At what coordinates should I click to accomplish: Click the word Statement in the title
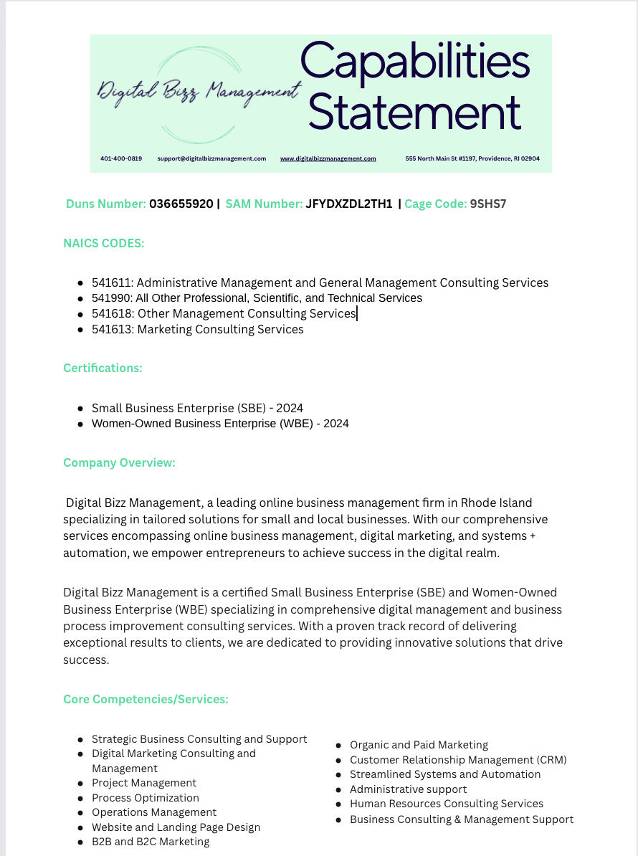tap(415, 112)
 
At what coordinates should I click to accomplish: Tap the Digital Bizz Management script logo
tap(198, 92)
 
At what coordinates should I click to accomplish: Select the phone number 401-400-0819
tap(121, 158)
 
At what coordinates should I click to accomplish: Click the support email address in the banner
tap(211, 158)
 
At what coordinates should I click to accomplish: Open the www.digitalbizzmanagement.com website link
tap(328, 158)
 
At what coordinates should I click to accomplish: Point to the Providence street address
tap(472, 158)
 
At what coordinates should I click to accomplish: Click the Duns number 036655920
tap(181, 204)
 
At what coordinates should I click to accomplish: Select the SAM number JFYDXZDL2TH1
tap(349, 204)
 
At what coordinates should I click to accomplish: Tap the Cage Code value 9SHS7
tap(488, 204)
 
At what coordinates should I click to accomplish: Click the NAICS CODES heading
tap(104, 244)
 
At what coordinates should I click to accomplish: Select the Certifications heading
tap(103, 368)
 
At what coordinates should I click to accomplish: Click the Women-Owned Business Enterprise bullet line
tap(220, 424)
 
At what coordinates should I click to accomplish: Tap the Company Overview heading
tap(119, 463)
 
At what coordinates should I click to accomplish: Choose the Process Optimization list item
tap(146, 798)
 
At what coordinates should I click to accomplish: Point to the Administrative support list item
tap(408, 789)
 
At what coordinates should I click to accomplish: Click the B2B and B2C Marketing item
tap(151, 842)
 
